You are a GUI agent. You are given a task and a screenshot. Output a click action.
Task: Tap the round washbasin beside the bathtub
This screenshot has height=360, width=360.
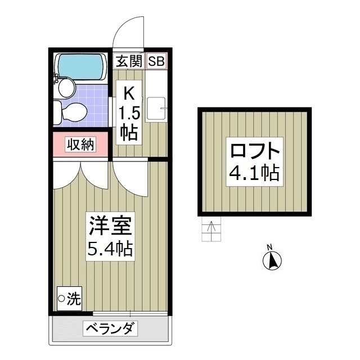pos(66,87)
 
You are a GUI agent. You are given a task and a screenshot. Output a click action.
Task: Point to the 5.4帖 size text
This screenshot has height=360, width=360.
pos(110,248)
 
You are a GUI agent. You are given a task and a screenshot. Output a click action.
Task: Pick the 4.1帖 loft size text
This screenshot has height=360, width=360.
pos(254,173)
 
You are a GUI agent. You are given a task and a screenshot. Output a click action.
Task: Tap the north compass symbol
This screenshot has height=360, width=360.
pos(273,259)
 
